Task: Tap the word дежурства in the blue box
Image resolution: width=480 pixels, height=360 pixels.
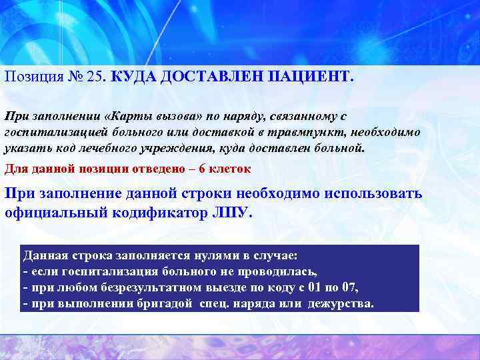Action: coord(341,304)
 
